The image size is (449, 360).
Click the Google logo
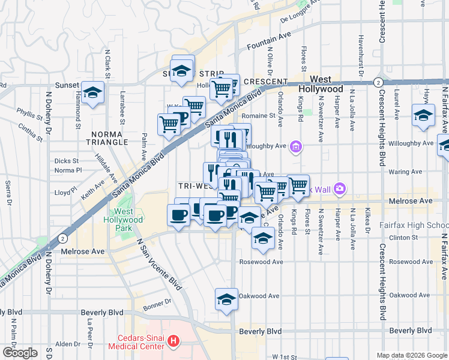20,353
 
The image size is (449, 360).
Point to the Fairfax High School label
414,225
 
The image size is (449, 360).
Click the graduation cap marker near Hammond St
92,93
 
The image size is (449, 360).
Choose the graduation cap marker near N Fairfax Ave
423,116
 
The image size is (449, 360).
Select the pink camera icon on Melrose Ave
340,189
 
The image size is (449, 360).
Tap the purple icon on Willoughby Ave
295,146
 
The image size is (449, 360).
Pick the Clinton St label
402,237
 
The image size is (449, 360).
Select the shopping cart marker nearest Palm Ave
169,124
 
